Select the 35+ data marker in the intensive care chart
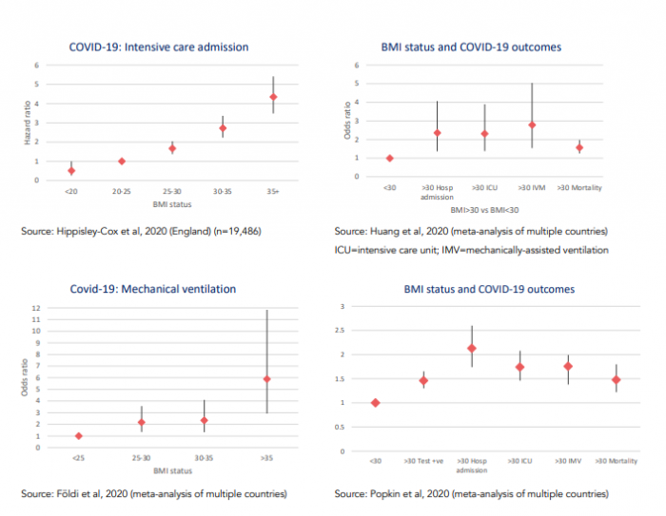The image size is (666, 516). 273,97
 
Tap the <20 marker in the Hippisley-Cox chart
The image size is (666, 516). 71,171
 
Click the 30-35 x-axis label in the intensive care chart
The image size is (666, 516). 223,190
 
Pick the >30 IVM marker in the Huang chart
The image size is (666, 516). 532,124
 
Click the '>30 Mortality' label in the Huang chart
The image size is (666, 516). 578,188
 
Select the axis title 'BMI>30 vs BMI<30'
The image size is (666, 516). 484,207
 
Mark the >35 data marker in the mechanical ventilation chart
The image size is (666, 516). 267,379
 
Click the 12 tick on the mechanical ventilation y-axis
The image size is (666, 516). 36,309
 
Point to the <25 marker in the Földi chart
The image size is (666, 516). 78,436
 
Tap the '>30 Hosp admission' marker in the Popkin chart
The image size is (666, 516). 472,348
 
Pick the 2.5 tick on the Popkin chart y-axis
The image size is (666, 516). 344,331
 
